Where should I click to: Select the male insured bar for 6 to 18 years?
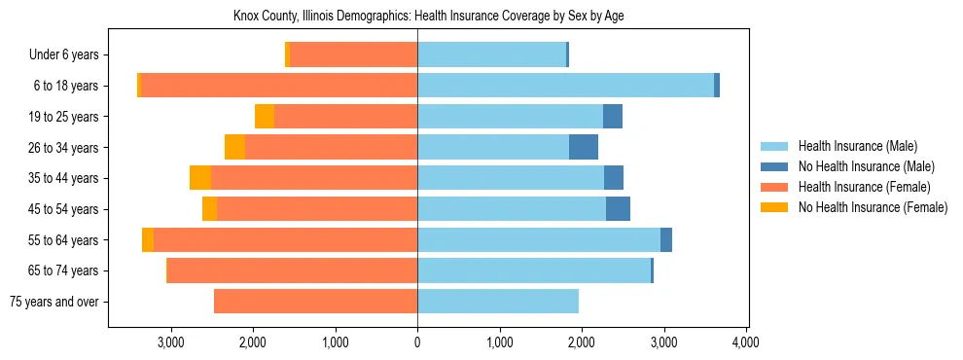click(x=565, y=86)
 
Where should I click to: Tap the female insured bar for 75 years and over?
click(x=315, y=302)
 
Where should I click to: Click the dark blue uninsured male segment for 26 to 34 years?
click(x=584, y=147)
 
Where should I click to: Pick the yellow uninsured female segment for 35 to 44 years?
click(x=200, y=178)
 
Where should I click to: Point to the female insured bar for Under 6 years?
click(x=353, y=54)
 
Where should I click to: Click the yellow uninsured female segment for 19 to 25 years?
click(x=265, y=117)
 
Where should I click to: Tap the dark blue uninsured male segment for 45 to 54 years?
click(x=618, y=209)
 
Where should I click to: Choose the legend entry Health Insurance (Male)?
click(x=857, y=146)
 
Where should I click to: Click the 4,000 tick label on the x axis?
click(x=746, y=342)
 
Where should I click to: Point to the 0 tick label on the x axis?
click(x=417, y=342)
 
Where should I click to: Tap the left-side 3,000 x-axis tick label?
click(x=171, y=342)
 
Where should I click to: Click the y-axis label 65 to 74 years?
click(x=63, y=270)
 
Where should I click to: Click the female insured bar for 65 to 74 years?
click(x=292, y=270)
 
